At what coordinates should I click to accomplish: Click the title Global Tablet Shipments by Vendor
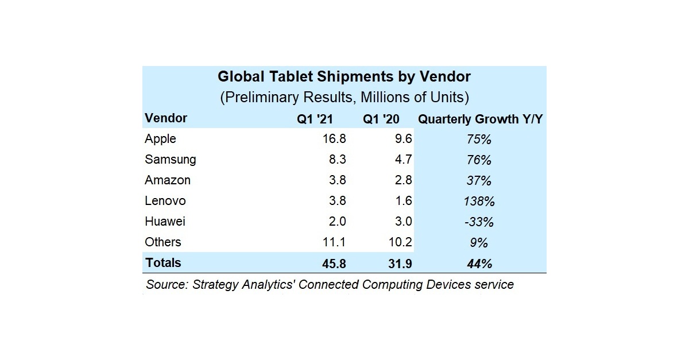pyautogui.click(x=344, y=77)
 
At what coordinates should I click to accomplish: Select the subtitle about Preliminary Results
pyautogui.click(x=344, y=97)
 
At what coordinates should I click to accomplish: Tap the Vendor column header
pyautogui.click(x=166, y=118)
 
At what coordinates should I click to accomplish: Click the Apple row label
pyautogui.click(x=161, y=139)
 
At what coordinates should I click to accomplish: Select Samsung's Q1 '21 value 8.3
pyautogui.click(x=335, y=160)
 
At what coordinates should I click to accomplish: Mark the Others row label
pyautogui.click(x=163, y=242)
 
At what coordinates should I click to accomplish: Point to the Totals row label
pyautogui.click(x=163, y=263)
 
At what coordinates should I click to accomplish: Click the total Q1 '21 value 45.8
pyautogui.click(x=333, y=264)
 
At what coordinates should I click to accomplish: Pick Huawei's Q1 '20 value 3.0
pyautogui.click(x=402, y=222)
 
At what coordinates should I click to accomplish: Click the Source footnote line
pyautogui.click(x=330, y=284)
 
